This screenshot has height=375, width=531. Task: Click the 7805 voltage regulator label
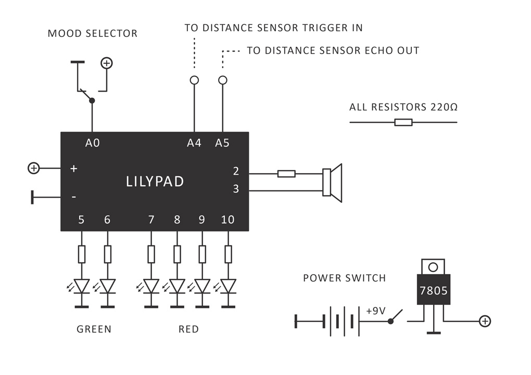click(x=433, y=291)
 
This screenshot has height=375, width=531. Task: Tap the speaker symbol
click(x=332, y=183)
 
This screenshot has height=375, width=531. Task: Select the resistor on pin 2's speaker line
click(x=286, y=174)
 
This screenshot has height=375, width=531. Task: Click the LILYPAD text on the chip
click(x=155, y=182)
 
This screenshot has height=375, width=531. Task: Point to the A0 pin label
click(x=93, y=143)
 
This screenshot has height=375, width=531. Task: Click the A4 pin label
click(x=194, y=143)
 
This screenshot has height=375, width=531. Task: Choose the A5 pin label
click(x=222, y=143)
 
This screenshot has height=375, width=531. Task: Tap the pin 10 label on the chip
click(x=227, y=219)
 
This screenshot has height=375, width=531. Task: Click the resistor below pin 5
click(x=81, y=254)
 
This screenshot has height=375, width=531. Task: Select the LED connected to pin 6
click(x=108, y=286)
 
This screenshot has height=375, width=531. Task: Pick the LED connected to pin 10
click(x=228, y=286)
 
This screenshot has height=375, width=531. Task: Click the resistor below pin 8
click(x=177, y=254)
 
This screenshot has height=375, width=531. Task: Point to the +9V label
click(x=375, y=311)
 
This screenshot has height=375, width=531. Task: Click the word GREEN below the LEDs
click(x=94, y=329)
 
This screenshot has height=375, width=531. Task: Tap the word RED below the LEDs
click(x=188, y=329)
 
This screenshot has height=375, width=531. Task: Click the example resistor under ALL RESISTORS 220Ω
click(x=403, y=122)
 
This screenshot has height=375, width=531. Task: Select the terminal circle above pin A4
click(x=194, y=80)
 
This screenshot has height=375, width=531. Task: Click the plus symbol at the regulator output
click(x=485, y=321)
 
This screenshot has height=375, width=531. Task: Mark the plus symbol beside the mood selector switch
click(x=106, y=63)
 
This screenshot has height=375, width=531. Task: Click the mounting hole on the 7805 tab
click(x=433, y=267)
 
